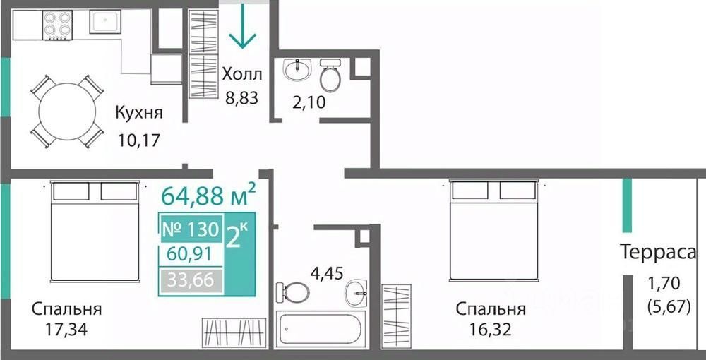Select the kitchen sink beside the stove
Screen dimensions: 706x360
tap(105, 22)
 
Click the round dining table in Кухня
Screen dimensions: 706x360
tap(67, 112)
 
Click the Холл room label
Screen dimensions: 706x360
tap(242, 74)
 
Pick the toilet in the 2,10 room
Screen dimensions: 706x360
tap(330, 75)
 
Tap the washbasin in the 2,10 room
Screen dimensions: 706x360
tap(297, 70)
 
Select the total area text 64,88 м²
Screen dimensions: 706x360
tap(208, 195)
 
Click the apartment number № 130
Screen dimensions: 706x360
tap(191, 230)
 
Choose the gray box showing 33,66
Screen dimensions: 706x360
tap(191, 281)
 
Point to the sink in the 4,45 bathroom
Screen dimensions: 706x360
tap(356, 293)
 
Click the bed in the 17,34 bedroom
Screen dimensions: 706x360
tap(95, 232)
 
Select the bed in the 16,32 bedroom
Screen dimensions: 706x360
tap(494, 230)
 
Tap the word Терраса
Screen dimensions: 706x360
tap(658, 252)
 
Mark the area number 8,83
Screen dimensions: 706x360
tap(242, 97)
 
